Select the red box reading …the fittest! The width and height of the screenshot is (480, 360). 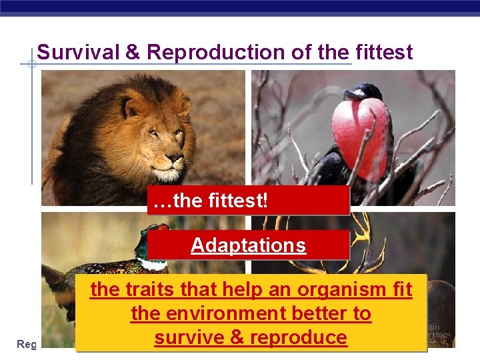[249, 201]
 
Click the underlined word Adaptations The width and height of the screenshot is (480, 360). [249, 245]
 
